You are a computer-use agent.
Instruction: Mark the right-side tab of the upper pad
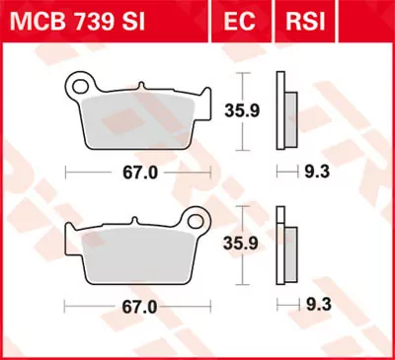pos(205,104)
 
